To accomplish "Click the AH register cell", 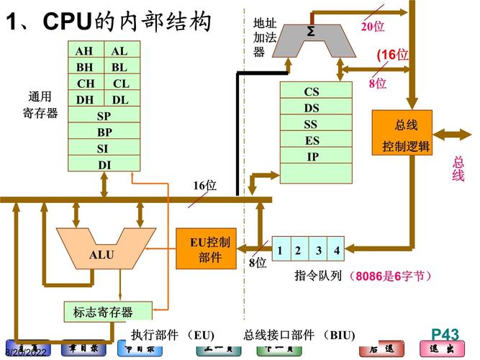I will pyautogui.click(x=85, y=51).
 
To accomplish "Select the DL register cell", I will pyautogui.click(x=121, y=100).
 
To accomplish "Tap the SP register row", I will pyautogui.click(x=104, y=116).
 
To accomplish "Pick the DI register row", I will pyautogui.click(x=104, y=165).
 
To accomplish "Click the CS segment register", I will pyautogui.click(x=312, y=91).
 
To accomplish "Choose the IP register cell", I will pyautogui.click(x=312, y=156).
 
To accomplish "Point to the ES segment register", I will pyautogui.click(x=312, y=140).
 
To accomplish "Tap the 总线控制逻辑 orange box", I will pyautogui.click(x=402, y=133).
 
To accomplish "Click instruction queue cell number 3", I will pyautogui.click(x=317, y=251).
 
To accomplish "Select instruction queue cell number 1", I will pyautogui.click(x=279, y=251).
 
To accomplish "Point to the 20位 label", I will pyautogui.click(x=372, y=27).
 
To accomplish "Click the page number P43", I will pyautogui.click(x=445, y=333).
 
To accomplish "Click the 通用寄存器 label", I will pyautogui.click(x=40, y=104).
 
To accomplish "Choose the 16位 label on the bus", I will pyautogui.click(x=204, y=186).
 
